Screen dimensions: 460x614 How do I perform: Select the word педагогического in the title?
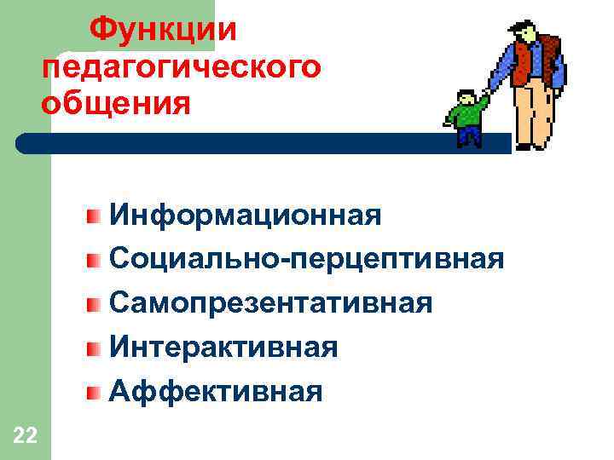[181, 67]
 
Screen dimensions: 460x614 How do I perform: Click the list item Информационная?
[245, 214]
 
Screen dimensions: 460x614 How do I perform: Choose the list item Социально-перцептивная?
[306, 258]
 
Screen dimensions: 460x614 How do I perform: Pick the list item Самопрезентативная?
[270, 302]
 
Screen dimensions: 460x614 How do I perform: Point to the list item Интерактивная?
[223, 347]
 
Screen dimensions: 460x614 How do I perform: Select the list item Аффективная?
[216, 391]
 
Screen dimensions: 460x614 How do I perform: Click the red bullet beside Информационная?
[94, 214]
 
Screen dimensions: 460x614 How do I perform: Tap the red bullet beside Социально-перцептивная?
[94, 258]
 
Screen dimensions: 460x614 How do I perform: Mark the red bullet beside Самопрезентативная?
[94, 302]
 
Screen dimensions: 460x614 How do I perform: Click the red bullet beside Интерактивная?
[94, 347]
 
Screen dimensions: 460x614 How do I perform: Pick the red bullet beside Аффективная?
[94, 391]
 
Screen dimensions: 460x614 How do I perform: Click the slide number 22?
[25, 437]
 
